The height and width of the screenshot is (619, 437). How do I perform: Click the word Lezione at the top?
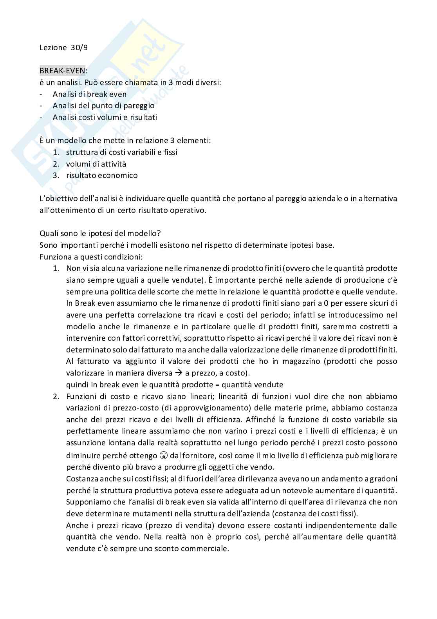tap(53, 48)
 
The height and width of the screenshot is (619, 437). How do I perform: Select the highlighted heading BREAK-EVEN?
tap(62, 71)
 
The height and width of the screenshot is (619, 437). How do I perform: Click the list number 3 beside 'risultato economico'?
tap(56, 175)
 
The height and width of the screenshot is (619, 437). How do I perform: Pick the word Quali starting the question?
tap(48, 233)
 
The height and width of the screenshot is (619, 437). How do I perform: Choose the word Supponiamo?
tap(88, 502)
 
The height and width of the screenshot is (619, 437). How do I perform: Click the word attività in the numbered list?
tap(114, 164)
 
